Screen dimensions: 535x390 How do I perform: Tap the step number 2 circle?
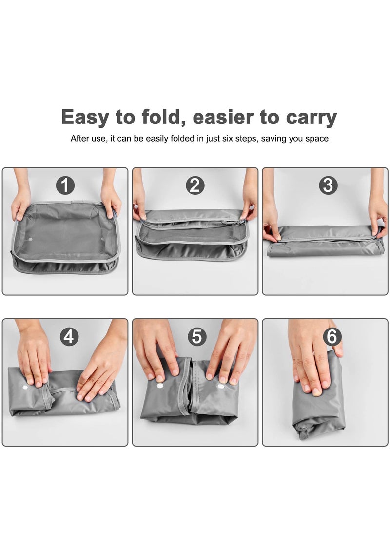(x=195, y=185)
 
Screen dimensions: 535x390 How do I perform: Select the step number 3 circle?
(x=328, y=185)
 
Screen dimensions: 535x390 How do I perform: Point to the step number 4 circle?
(x=69, y=336)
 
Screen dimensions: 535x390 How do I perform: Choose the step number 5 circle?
(x=196, y=336)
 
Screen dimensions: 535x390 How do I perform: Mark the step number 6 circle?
(x=332, y=336)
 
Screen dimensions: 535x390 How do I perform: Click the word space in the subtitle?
(x=317, y=139)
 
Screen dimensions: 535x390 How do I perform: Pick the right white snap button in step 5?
(x=220, y=386)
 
